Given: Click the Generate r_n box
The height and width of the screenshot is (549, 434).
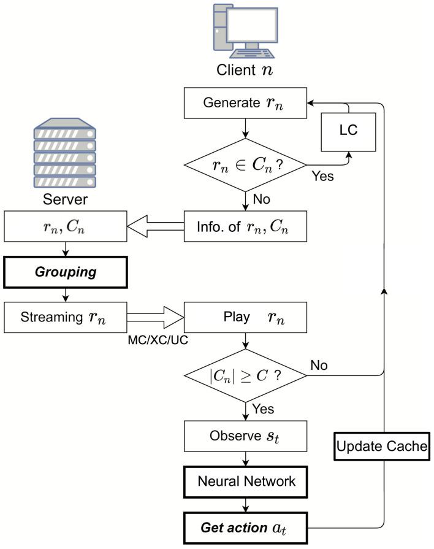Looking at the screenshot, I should (245, 102).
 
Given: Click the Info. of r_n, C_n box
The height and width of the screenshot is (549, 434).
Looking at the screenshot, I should (245, 226).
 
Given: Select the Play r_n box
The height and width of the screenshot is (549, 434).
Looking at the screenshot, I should (245, 318).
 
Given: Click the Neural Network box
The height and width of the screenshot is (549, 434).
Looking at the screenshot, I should (245, 482).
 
